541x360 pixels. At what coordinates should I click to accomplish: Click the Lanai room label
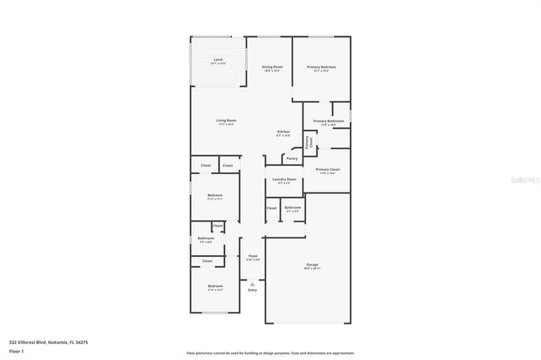point(218,61)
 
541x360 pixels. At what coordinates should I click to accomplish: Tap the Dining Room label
point(271,68)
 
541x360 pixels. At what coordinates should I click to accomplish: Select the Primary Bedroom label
point(321,68)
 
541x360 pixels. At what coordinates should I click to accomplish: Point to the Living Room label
point(227,122)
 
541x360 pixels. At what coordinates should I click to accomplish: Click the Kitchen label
point(284,133)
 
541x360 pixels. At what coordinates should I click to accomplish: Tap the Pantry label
point(292,158)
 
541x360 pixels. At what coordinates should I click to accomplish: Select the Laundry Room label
point(284,180)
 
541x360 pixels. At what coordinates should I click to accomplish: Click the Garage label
point(312,266)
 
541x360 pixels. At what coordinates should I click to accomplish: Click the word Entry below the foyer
point(252,291)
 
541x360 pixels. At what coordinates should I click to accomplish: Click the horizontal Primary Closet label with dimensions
point(327,171)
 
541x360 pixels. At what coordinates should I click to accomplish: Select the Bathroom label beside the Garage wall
point(292,208)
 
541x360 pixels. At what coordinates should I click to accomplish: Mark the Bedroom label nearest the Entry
point(215,287)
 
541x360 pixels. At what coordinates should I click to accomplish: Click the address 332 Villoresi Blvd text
point(38,341)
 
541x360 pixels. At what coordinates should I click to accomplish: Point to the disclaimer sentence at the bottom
point(270,353)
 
